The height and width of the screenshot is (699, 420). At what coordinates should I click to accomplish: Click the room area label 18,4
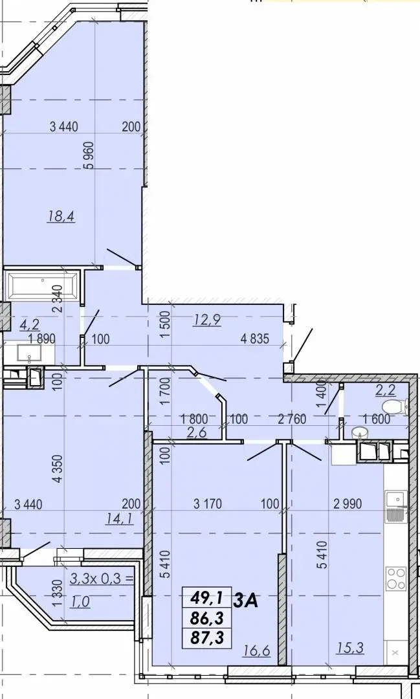click(61, 217)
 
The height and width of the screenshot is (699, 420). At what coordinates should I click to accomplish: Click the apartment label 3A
click(246, 601)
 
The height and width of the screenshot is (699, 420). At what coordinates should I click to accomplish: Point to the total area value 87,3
click(207, 638)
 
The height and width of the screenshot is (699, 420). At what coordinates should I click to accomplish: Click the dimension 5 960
click(89, 155)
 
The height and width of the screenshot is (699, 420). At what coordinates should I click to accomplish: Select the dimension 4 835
click(254, 338)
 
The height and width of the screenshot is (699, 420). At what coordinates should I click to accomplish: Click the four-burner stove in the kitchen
click(396, 579)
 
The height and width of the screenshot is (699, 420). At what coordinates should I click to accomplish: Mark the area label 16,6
click(258, 651)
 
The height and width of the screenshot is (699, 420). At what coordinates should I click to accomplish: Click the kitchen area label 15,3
click(350, 648)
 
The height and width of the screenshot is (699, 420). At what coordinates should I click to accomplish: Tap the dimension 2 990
click(348, 504)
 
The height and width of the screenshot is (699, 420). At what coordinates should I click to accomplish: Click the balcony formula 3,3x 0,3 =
click(102, 579)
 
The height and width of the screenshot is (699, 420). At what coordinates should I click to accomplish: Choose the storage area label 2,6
click(197, 432)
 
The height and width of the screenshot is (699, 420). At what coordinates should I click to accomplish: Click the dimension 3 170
click(207, 504)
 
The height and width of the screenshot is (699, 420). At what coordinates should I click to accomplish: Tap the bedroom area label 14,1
click(119, 518)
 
